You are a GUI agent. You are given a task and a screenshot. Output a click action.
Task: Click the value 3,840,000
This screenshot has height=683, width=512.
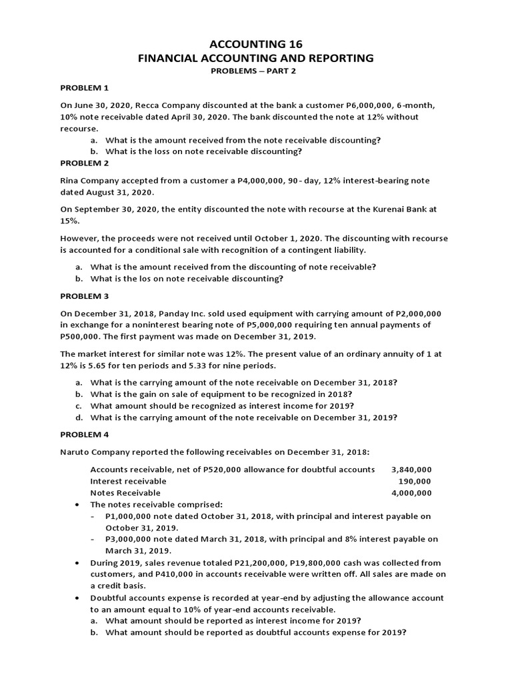pos(411,470)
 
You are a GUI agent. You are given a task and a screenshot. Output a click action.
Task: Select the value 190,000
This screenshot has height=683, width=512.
pos(415,481)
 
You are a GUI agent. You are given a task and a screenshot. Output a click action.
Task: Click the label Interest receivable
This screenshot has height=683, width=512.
pos(128,481)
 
